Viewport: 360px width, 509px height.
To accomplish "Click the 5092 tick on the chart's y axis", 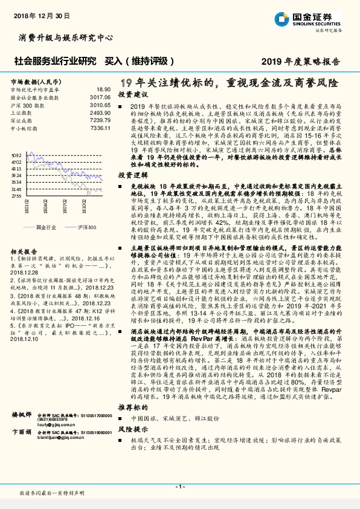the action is (17, 155).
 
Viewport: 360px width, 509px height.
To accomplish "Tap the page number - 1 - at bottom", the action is (179, 486).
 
